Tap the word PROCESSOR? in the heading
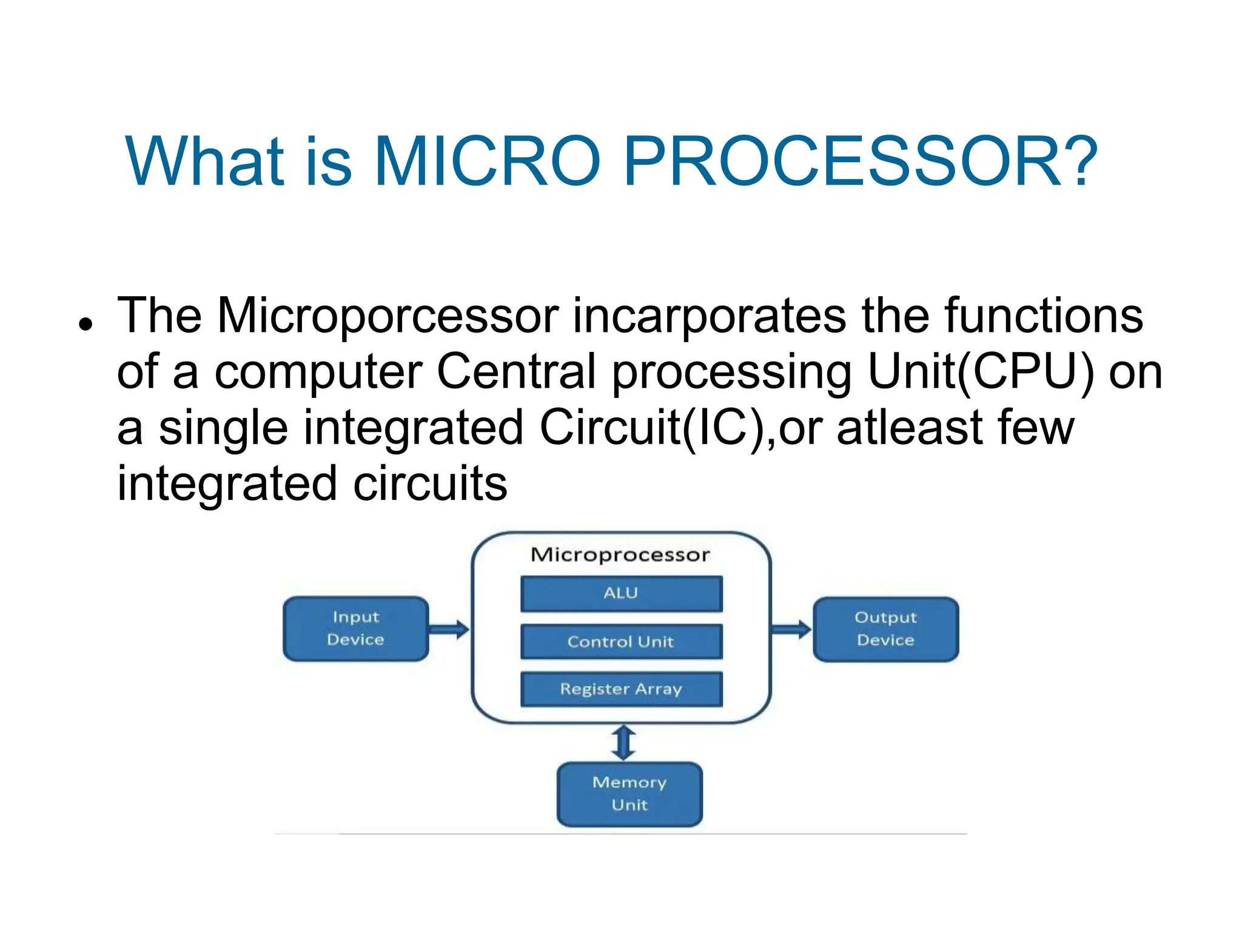click(860, 161)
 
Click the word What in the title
click(204, 161)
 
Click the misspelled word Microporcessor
click(388, 316)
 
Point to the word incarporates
click(710, 316)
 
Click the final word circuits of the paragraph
click(430, 484)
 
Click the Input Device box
click(356, 629)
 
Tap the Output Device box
click(885, 629)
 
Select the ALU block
click(621, 593)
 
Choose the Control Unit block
click(621, 641)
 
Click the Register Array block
click(621, 689)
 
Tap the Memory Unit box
click(629, 794)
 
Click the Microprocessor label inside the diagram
click(620, 555)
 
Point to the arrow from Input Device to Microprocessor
click(449, 629)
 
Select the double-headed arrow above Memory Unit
click(623, 743)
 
